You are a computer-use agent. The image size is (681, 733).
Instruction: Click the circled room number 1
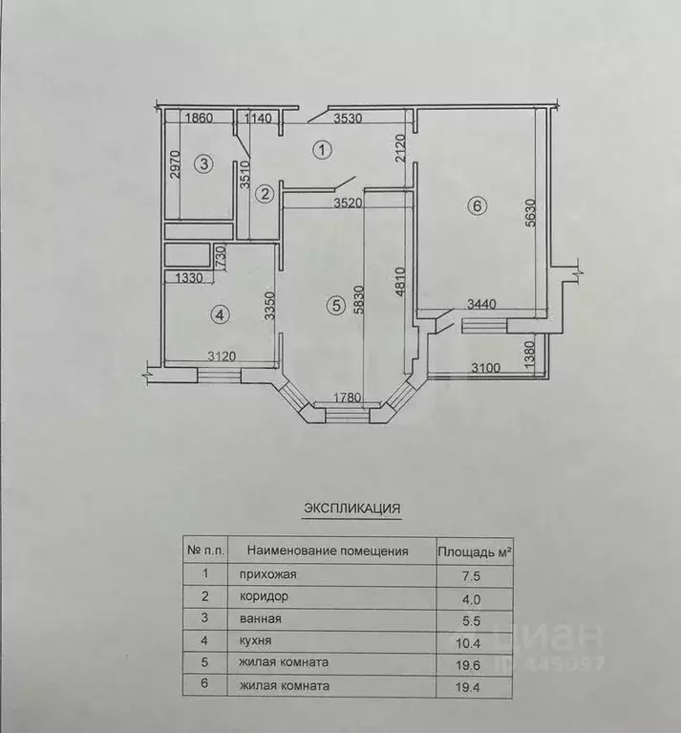pos(323,150)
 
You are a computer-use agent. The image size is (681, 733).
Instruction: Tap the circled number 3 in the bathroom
pos(202,164)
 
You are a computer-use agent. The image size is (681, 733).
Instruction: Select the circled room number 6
pos(478,205)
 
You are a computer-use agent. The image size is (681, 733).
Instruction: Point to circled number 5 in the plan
pos(334,306)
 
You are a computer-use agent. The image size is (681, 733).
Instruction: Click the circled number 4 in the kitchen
pos(221,313)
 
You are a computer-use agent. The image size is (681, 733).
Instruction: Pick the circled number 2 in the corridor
pos(266,193)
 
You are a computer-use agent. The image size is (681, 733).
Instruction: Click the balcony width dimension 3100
pos(484,367)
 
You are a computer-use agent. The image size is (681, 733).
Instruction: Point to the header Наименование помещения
pos(328,550)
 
